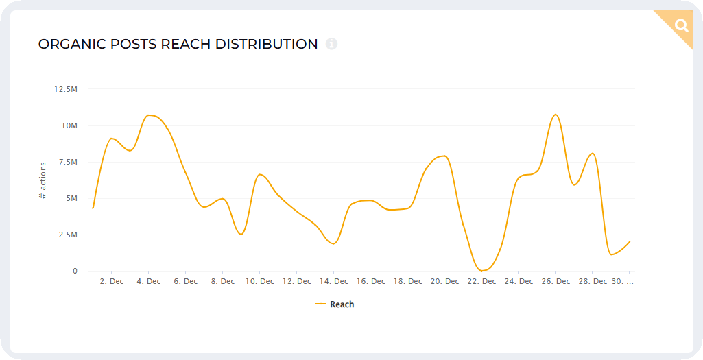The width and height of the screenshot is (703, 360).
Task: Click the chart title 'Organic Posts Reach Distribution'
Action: click(178, 45)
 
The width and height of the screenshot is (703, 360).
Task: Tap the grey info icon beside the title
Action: click(332, 44)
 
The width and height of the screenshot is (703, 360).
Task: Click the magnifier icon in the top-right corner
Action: click(682, 26)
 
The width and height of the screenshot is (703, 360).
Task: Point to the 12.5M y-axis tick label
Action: click(65, 89)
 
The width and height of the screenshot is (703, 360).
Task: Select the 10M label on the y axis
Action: click(69, 125)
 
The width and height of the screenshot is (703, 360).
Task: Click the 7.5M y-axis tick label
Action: click(67, 162)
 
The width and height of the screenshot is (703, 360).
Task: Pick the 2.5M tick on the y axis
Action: click(67, 235)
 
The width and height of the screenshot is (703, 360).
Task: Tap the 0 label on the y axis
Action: click(75, 271)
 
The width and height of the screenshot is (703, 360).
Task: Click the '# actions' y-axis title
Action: click(43, 180)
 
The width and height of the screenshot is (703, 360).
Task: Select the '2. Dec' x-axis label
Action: click(112, 281)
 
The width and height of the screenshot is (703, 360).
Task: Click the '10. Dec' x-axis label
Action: click(259, 281)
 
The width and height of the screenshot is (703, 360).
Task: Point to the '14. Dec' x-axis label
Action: click(333, 281)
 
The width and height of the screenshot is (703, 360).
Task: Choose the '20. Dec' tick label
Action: click(444, 281)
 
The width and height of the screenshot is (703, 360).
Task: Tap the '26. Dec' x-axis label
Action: click(556, 281)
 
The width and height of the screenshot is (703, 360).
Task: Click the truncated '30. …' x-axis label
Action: click(621, 281)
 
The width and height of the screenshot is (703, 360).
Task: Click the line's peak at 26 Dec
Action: click(556, 115)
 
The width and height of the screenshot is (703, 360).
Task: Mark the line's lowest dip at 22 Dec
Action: click(482, 270)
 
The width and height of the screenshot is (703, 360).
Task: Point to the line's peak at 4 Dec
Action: click(150, 115)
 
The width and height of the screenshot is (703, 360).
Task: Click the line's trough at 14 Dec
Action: click(333, 243)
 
